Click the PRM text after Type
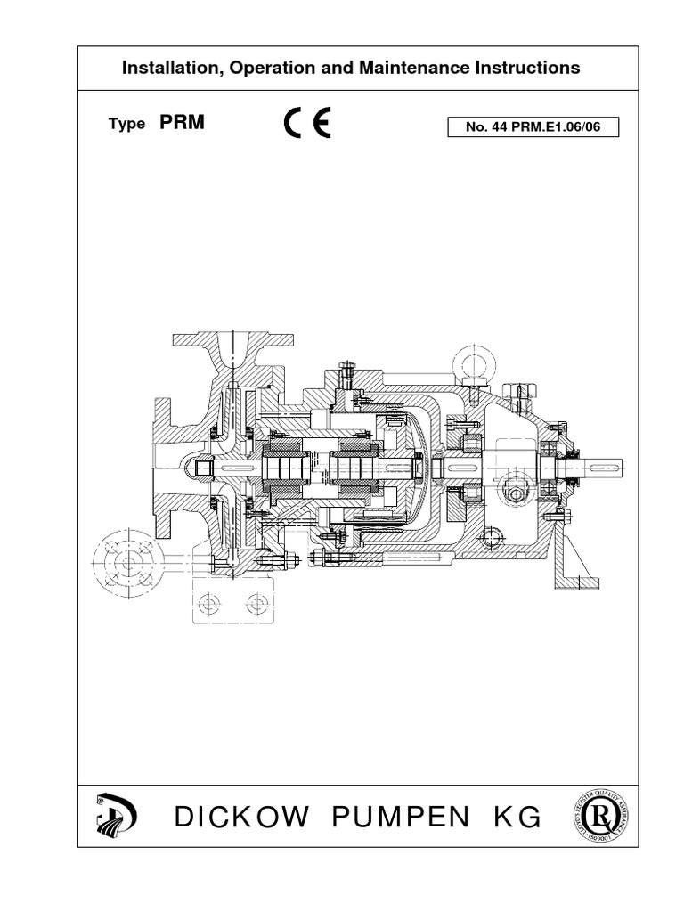tap(182, 124)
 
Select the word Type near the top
tap(126, 125)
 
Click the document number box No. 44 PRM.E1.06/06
tap(533, 127)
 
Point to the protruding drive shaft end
tap(606, 466)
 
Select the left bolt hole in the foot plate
tap(209, 605)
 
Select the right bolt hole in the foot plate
tap(258, 605)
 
